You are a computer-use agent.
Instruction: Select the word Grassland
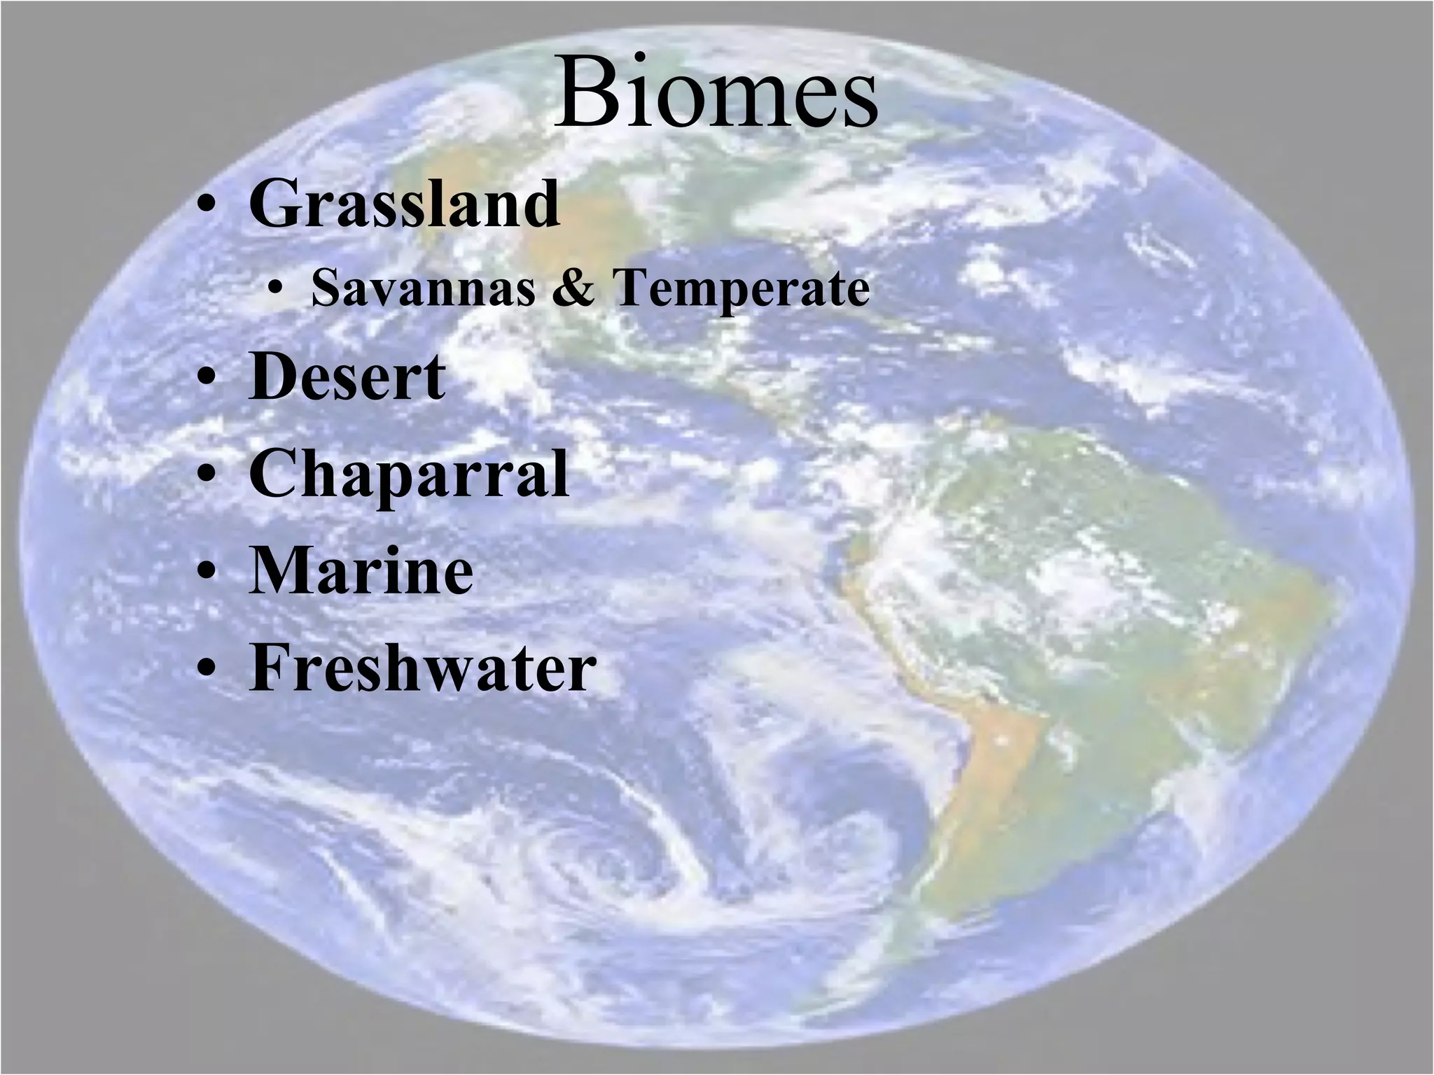405,204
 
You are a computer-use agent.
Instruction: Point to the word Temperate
741,290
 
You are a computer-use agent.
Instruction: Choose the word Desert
347,378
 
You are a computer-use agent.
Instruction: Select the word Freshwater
422,668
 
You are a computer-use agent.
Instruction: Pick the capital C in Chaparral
273,473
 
